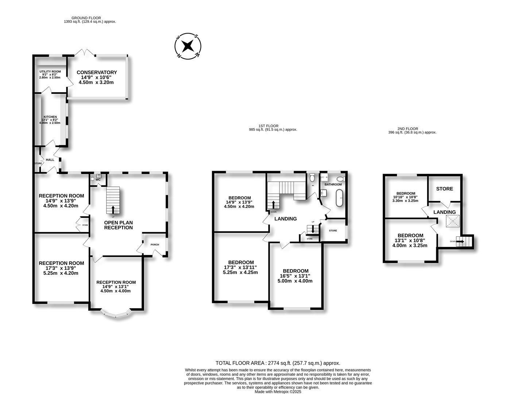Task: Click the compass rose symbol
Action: pyautogui.click(x=188, y=46)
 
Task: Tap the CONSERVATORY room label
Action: pyautogui.click(x=97, y=73)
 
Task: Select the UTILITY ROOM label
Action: pyautogui.click(x=50, y=72)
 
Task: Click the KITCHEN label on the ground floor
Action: pyautogui.click(x=50, y=117)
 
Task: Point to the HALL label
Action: pyautogui.click(x=50, y=160)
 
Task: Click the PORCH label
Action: pyautogui.click(x=155, y=245)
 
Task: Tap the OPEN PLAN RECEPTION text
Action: pyautogui.click(x=118, y=225)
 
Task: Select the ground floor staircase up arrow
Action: pyautogui.click(x=113, y=209)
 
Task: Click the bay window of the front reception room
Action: pyautogui.click(x=116, y=314)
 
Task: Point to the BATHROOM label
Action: pyautogui.click(x=333, y=185)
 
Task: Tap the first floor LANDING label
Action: pyautogui.click(x=285, y=219)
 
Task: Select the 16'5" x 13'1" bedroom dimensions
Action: pyautogui.click(x=296, y=276)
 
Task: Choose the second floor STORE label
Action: pyautogui.click(x=444, y=189)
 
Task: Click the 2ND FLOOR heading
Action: pyautogui.click(x=407, y=129)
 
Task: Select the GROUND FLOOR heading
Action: pyautogui.click(x=86, y=18)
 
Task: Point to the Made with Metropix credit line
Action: pyautogui.click(x=278, y=391)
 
